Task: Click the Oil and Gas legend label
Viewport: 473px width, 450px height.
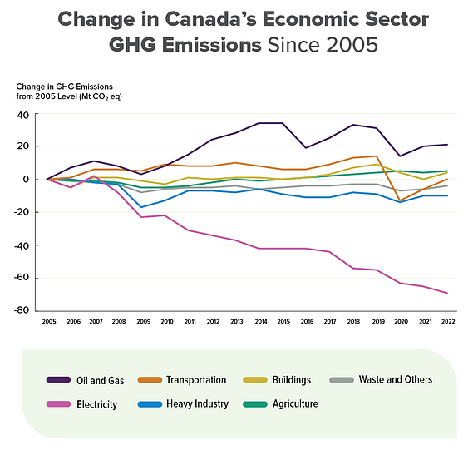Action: [100, 381]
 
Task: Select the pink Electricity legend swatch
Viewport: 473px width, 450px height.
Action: [58, 404]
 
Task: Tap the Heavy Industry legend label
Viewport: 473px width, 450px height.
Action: [197, 403]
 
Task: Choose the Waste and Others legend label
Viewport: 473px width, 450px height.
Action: [396, 379]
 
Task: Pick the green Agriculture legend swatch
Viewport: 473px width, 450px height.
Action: [255, 404]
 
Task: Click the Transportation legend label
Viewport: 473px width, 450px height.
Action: [196, 380]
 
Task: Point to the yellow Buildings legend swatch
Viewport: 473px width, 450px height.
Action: [255, 380]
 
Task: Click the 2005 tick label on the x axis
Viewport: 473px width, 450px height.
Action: [49, 322]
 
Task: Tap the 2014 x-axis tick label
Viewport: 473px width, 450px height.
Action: [261, 322]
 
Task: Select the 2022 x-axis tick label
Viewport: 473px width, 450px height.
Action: [448, 322]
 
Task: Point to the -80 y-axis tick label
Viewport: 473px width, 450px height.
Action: [22, 310]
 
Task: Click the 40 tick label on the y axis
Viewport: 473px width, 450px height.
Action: [23, 115]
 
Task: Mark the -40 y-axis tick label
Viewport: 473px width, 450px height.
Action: [22, 245]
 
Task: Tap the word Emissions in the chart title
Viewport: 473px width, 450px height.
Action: [211, 45]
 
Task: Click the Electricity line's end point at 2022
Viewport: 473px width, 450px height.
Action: [447, 293]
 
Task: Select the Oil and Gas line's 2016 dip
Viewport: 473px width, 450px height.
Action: [306, 147]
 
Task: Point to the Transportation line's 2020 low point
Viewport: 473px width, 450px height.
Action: [400, 200]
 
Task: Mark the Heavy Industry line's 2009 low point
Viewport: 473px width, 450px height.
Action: [141, 207]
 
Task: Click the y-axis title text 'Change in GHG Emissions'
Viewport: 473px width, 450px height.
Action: [64, 87]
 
